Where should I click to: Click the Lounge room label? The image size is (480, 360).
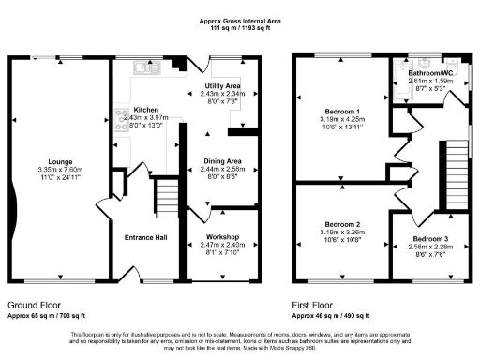click(59, 160)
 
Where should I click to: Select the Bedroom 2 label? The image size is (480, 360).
click(340, 224)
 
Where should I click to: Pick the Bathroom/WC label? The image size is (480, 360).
click(430, 72)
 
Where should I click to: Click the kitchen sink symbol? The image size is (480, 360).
click(145, 67)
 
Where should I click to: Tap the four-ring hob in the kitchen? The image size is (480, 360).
click(121, 119)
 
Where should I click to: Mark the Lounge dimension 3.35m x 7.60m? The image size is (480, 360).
click(59, 169)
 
